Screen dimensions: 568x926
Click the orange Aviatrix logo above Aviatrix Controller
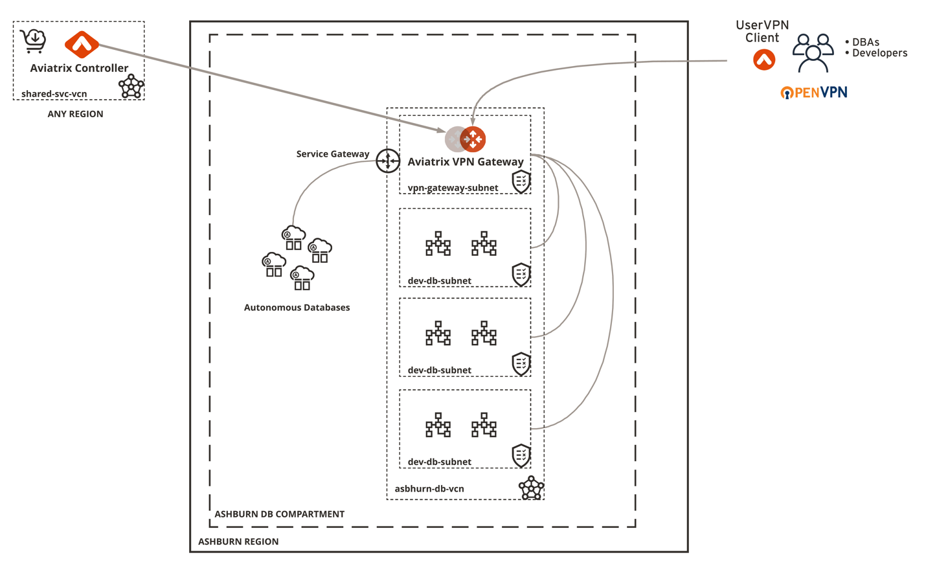pyautogui.click(x=82, y=44)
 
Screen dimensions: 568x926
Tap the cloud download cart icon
pyautogui.click(x=33, y=41)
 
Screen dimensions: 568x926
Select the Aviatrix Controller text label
pyautogui.click(x=79, y=68)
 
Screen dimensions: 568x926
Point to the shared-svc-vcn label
pyautogui.click(x=54, y=94)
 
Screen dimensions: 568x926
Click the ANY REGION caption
pyautogui.click(x=75, y=114)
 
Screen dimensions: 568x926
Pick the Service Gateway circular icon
pyautogui.click(x=388, y=161)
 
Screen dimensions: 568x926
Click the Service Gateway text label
pyautogui.click(x=332, y=154)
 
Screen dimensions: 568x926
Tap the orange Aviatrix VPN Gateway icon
pyautogui.click(x=472, y=139)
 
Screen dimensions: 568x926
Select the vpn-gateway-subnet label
pyautogui.click(x=453, y=188)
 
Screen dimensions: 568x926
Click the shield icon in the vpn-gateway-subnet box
pyautogui.click(x=521, y=182)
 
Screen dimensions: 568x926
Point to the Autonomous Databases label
pyautogui.click(x=297, y=308)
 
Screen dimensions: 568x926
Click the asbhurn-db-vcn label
pyautogui.click(x=429, y=489)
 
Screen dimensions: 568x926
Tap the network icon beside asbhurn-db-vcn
pyautogui.click(x=531, y=488)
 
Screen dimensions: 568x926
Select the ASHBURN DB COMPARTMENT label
pyautogui.click(x=279, y=514)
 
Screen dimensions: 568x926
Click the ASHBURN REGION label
pyautogui.click(x=238, y=541)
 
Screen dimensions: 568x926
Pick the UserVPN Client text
pyautogui.click(x=762, y=31)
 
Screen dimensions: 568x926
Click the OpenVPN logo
pyautogui.click(x=814, y=93)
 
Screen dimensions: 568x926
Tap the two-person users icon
pyautogui.click(x=813, y=53)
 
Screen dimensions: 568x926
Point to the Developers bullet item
pyautogui.click(x=879, y=53)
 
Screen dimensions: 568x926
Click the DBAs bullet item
pyautogui.click(x=865, y=42)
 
